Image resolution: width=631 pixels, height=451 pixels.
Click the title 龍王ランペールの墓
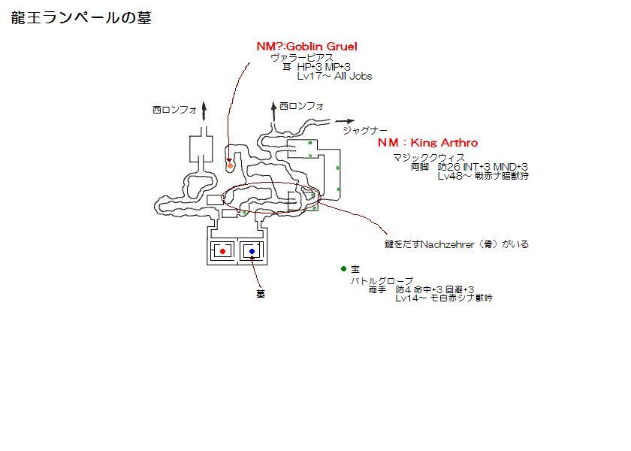pyautogui.click(x=81, y=18)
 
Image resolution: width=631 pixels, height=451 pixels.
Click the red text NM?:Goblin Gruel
pyautogui.click(x=306, y=47)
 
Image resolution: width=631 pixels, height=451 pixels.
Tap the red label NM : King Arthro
pyautogui.click(x=427, y=143)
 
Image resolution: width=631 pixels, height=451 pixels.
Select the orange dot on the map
pyautogui.click(x=231, y=165)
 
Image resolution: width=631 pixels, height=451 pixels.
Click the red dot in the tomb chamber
pyautogui.click(x=222, y=251)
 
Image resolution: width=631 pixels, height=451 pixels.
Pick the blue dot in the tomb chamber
pyautogui.click(x=252, y=251)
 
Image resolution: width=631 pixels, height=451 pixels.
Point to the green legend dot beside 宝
pyautogui.click(x=343, y=268)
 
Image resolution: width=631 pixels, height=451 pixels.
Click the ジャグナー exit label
pyautogui.click(x=365, y=130)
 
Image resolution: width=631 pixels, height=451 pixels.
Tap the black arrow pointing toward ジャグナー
pyautogui.click(x=346, y=120)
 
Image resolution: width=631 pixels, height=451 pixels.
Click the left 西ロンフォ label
pyautogui.click(x=174, y=110)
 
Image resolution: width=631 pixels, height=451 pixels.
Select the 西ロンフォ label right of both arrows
pyautogui.click(x=301, y=107)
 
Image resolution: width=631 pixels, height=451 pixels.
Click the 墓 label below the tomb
pyautogui.click(x=261, y=294)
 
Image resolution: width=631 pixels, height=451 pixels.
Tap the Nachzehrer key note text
pyautogui.click(x=457, y=244)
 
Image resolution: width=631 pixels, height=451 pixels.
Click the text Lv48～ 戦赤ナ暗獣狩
pyautogui.click(x=484, y=176)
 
